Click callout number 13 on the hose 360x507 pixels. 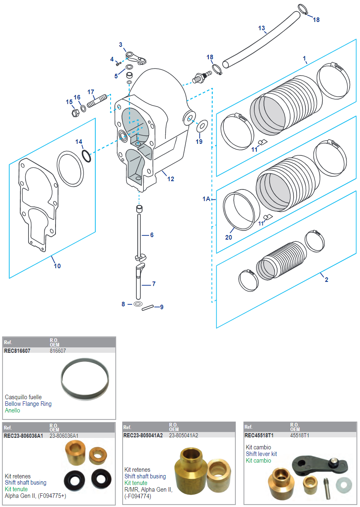[x=261, y=28]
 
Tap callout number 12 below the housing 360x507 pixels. [x=171, y=179]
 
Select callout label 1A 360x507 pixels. [x=206, y=199]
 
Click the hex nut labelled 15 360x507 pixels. [x=75, y=112]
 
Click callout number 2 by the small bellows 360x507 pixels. [x=326, y=280]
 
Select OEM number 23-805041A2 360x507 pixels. [x=184, y=436]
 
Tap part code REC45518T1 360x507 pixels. [x=259, y=436]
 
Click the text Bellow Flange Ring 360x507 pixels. [x=28, y=404]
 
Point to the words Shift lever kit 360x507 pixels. [x=261, y=454]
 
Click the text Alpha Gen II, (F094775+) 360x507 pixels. [x=36, y=496]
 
